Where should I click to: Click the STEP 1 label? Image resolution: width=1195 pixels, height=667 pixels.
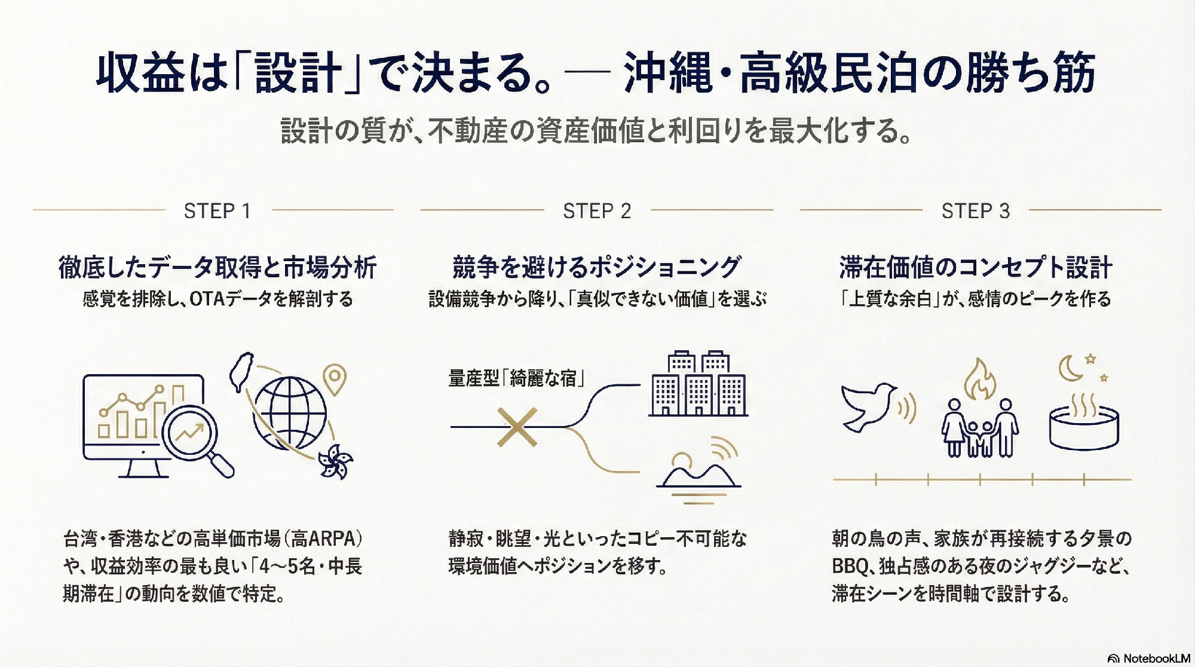tap(217, 211)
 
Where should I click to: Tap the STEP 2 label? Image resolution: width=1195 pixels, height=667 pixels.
tap(597, 211)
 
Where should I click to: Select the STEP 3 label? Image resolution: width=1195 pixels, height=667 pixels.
tap(976, 211)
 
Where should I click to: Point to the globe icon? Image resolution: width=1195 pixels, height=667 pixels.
tap(289, 412)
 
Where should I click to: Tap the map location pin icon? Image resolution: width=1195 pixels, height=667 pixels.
tap(335, 379)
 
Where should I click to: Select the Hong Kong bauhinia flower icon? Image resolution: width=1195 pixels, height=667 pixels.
tap(335, 462)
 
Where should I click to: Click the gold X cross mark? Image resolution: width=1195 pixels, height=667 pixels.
tap(517, 427)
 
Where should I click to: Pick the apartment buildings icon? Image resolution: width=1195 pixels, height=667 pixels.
tap(698, 384)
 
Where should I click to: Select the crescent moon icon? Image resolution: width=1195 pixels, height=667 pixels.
tap(1071, 368)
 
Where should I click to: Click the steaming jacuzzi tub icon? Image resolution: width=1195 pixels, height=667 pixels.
tap(1084, 421)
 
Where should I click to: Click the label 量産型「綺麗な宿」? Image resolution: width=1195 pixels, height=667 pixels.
tap(516, 378)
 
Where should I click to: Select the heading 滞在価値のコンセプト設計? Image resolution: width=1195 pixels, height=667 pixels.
tap(976, 267)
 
